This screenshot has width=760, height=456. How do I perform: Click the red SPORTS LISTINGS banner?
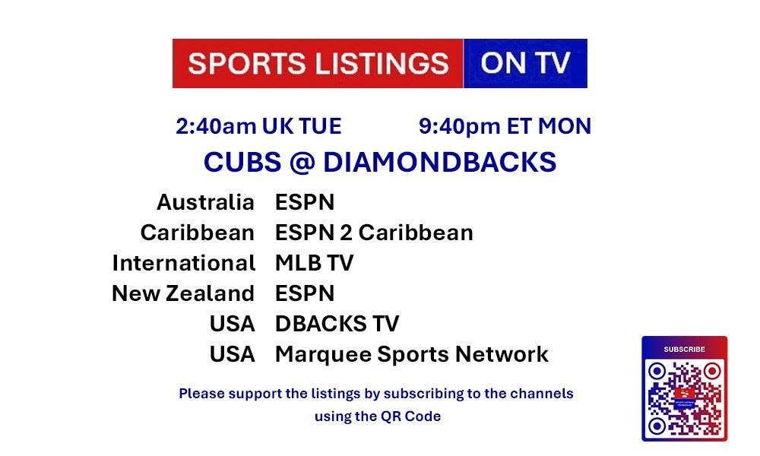tap(318, 64)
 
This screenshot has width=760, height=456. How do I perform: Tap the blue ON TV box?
tap(525, 64)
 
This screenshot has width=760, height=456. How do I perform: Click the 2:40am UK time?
tap(259, 126)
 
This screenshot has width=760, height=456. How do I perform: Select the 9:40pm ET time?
tap(505, 126)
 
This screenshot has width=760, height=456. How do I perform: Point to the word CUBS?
tap(242, 162)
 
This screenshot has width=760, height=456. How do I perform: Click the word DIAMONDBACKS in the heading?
tap(439, 162)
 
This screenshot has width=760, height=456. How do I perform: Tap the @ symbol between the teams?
tap(302, 163)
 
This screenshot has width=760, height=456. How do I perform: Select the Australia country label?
tap(205, 202)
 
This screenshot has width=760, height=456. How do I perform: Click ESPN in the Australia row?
tap(305, 202)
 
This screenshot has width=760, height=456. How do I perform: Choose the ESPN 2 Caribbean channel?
tap(374, 233)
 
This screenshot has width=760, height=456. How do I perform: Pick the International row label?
tap(184, 263)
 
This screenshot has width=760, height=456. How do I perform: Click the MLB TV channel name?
tap(315, 263)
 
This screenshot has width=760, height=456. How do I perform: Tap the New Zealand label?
tap(183, 293)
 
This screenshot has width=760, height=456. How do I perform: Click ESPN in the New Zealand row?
tap(305, 293)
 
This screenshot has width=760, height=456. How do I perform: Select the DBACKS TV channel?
tap(337, 324)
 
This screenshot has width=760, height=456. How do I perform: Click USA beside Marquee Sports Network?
tap(232, 354)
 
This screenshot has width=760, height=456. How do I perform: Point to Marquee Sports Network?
tap(412, 355)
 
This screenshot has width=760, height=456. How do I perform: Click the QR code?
tap(685, 398)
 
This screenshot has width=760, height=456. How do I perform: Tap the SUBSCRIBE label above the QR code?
tap(685, 350)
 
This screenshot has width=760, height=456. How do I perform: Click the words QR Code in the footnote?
tap(411, 416)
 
